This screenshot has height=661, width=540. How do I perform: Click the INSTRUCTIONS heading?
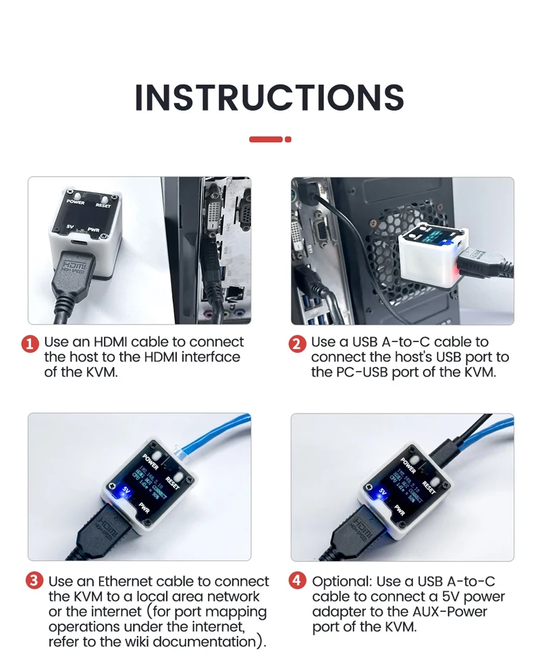pos(269,98)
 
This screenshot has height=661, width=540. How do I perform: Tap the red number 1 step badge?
pos(30,344)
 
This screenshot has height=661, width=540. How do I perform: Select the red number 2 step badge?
pos(297,344)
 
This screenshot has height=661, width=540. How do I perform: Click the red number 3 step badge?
pos(34,581)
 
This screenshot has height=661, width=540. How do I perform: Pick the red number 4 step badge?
pos(297,581)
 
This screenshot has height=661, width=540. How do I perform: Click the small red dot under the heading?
pos(288,140)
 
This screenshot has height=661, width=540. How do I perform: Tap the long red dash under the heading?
pos(265,140)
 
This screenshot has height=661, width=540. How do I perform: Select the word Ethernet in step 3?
pos(125,581)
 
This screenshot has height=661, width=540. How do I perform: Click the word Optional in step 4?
pos(341,581)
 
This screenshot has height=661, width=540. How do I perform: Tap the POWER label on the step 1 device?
pos(76,202)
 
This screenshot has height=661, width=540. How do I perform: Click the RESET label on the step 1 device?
pos(103,205)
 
